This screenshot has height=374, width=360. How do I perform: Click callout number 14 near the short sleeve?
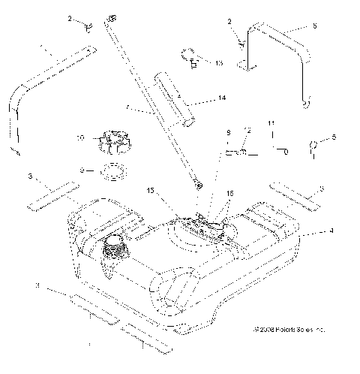[201, 98]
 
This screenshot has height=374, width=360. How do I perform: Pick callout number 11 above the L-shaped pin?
[272, 122]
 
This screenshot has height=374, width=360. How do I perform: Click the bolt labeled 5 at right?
[313, 148]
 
